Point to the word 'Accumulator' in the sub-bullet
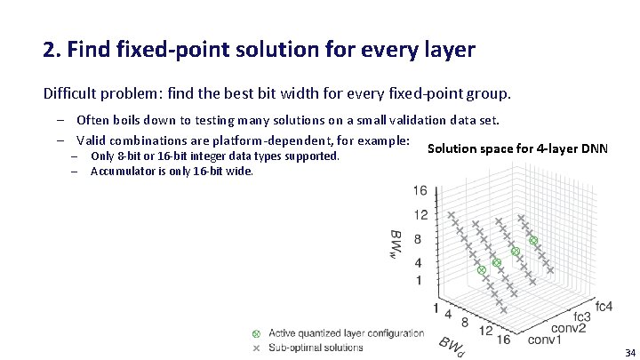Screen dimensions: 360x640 click(123, 172)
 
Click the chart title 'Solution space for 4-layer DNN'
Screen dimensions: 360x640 click(517, 148)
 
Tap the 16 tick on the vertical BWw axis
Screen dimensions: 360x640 click(420, 190)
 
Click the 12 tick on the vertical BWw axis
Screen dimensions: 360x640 click(420, 214)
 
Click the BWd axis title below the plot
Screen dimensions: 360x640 click(450, 346)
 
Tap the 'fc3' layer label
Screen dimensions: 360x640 click(582, 316)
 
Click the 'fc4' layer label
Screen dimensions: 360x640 click(604, 307)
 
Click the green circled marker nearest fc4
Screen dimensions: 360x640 click(533, 240)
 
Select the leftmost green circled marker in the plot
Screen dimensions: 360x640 click(481, 269)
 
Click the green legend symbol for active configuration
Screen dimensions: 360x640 click(256, 333)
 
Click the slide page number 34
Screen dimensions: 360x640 click(629, 353)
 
